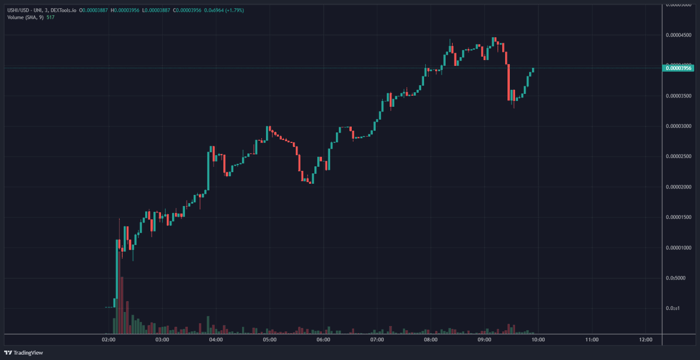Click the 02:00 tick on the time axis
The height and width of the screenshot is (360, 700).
108,340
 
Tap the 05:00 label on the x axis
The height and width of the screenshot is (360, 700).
269,340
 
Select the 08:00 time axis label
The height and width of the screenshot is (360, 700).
430,340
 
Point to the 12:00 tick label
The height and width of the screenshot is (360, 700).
645,340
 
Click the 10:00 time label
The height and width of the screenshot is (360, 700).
538,340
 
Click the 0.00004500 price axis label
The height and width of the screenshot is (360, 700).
679,35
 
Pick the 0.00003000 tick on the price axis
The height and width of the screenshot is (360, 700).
679,126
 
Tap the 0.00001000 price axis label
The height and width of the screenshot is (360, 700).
679,247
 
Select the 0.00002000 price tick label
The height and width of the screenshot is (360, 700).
679,187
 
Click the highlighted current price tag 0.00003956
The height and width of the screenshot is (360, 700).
679,68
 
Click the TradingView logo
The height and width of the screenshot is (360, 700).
24,352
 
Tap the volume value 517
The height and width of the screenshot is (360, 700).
51,18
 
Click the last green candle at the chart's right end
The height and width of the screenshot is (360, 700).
533,70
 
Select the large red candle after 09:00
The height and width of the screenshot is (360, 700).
509,82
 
